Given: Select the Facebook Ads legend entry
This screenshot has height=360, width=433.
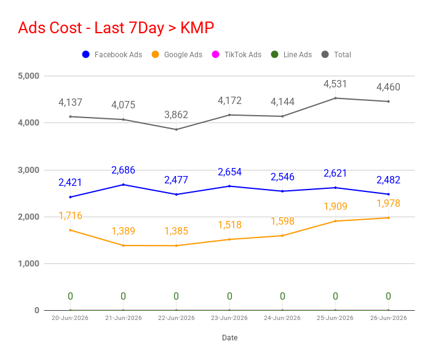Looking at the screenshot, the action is (112, 54).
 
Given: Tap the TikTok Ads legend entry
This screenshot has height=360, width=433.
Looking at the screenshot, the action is (236, 54).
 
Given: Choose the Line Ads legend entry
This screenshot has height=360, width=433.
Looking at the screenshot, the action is (291, 54).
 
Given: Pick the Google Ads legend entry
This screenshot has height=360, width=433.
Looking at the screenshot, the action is (177, 54).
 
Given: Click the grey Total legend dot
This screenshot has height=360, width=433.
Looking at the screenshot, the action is (325, 54).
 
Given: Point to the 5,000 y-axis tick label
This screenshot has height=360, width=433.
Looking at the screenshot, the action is (29, 76).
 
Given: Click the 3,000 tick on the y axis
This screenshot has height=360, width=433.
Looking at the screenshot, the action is (29, 170).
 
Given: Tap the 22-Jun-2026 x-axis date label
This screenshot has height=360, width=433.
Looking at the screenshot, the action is (176, 318).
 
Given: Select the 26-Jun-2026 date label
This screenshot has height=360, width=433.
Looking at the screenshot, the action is (388, 318).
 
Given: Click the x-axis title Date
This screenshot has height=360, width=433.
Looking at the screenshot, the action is (230, 338).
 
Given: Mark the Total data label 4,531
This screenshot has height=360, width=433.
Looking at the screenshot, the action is (335, 84).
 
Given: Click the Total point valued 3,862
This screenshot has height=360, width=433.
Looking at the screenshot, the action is (176, 129).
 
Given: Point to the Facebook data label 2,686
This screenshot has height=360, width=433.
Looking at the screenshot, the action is (123, 170).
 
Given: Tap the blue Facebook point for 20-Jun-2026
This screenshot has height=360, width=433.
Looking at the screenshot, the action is (70, 197).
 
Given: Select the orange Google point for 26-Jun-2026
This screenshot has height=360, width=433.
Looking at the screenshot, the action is (388, 218).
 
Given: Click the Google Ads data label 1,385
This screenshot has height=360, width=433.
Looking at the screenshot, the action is (176, 231).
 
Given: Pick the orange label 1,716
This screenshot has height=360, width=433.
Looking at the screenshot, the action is (70, 215).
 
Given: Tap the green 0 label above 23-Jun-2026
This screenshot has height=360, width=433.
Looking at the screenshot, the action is (229, 296).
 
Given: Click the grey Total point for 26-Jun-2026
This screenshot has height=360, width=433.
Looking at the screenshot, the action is (388, 102).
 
